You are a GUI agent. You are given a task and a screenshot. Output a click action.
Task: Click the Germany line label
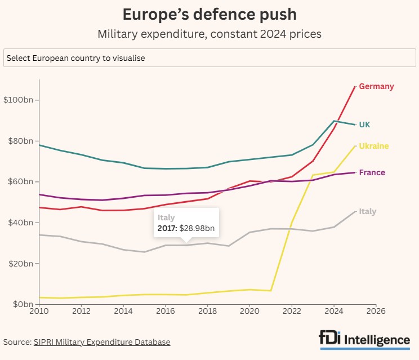[376, 87]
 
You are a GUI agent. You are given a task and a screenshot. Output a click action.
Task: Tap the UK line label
[364, 125]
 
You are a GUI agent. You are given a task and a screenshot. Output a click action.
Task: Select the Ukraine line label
[374, 146]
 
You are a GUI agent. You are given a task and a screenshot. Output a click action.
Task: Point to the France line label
[372, 172]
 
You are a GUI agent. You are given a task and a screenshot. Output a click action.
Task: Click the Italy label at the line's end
[367, 211]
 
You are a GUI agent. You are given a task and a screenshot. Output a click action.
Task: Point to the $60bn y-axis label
[21, 181]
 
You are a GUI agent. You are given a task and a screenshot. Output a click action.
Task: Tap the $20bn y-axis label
[21, 264]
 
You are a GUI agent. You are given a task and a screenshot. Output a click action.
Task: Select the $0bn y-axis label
[23, 304]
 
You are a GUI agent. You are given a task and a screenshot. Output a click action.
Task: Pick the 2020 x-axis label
[249, 311]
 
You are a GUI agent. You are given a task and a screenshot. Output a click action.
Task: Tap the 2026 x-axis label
[376, 311]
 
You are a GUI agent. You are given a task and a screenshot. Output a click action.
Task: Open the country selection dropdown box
[210, 57]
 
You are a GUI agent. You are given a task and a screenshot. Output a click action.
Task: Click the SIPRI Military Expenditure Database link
[102, 342]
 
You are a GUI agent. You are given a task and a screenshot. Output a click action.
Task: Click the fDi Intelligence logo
[364, 339]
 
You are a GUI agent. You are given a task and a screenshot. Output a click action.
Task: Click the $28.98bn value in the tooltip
[197, 228]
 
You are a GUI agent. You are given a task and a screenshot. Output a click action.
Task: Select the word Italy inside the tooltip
[166, 217]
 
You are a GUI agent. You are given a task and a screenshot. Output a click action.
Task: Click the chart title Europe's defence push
[210, 14]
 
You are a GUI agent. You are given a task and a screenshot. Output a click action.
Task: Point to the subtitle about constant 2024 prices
[210, 34]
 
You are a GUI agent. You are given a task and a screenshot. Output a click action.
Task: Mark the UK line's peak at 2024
[334, 121]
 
